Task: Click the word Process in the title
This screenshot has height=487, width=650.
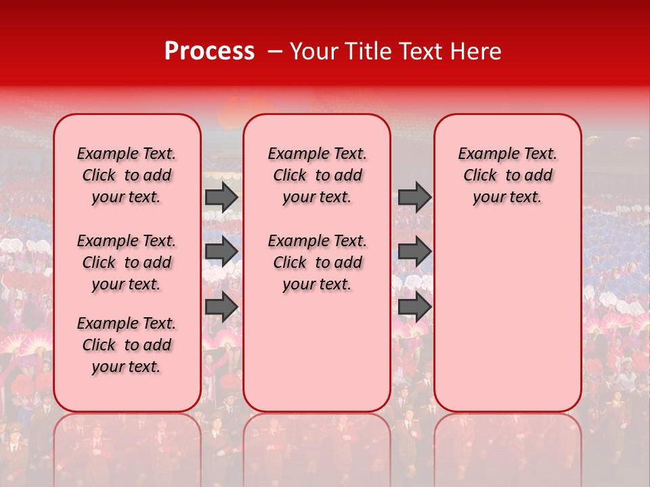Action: (x=209, y=51)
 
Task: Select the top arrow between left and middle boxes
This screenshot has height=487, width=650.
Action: (x=221, y=197)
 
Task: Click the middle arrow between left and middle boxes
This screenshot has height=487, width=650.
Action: (x=221, y=252)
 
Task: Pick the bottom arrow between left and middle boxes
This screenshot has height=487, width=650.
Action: (x=221, y=306)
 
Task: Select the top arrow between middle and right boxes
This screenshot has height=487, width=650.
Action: (x=414, y=197)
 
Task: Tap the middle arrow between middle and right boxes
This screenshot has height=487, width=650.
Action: (x=414, y=252)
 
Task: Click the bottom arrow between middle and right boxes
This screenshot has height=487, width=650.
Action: (x=414, y=306)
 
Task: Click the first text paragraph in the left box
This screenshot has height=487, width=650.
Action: (x=127, y=175)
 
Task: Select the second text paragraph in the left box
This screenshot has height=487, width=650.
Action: (x=127, y=262)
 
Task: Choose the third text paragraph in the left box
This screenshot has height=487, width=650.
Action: (x=127, y=345)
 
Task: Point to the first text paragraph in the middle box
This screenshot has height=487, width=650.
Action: (x=317, y=175)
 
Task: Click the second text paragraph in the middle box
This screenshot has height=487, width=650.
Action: (x=317, y=262)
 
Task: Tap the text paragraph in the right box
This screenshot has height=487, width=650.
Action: (x=507, y=175)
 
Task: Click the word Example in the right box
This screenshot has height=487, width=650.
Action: (x=483, y=154)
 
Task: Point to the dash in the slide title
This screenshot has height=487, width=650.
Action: (x=275, y=51)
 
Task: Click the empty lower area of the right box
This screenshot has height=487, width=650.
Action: (x=507, y=325)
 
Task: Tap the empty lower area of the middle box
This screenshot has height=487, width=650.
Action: (x=317, y=352)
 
